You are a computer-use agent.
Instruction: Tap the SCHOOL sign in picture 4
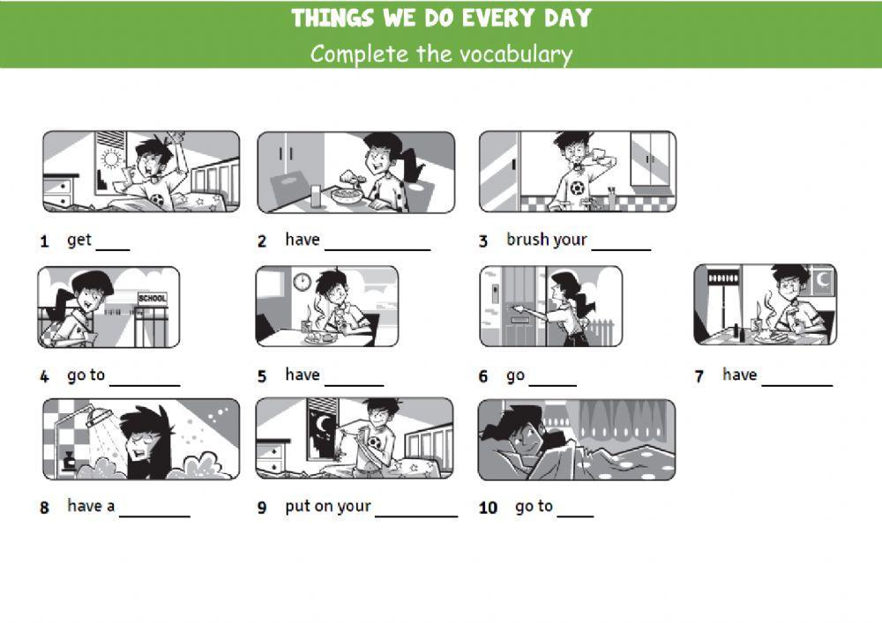click(x=152, y=299)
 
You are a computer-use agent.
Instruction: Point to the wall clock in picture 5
click(x=302, y=282)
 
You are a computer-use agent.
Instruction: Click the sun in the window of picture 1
click(x=110, y=159)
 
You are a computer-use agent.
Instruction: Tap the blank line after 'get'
click(x=112, y=249)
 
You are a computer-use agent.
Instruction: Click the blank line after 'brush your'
click(x=621, y=249)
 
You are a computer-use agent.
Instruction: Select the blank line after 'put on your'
click(x=416, y=515)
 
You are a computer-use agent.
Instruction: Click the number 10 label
click(x=488, y=508)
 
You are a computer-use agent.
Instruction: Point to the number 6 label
click(x=483, y=377)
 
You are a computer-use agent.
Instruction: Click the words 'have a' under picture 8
click(x=91, y=507)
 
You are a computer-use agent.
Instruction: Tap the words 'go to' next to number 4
click(x=86, y=375)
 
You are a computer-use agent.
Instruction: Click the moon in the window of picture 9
click(x=324, y=425)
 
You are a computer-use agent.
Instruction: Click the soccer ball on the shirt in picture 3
click(x=575, y=188)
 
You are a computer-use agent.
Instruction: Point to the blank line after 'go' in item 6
click(x=552, y=385)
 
